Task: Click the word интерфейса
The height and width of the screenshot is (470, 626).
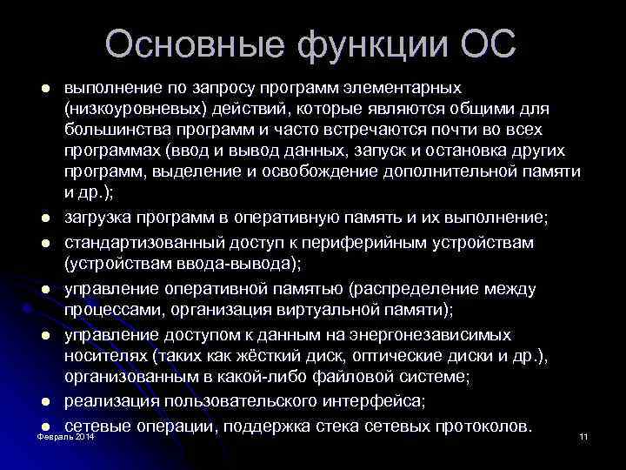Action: [375, 400]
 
